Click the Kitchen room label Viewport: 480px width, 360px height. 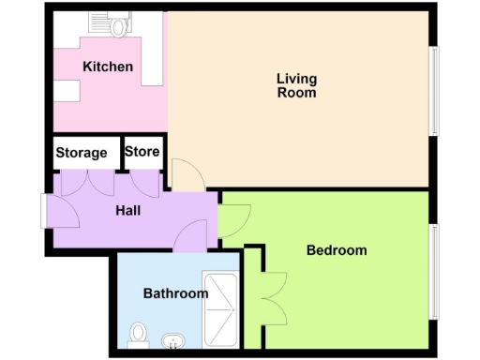click(x=108, y=67)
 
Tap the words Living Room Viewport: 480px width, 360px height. click(x=296, y=85)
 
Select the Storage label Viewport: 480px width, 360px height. click(x=82, y=153)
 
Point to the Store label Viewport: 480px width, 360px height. click(x=142, y=151)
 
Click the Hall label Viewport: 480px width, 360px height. click(x=128, y=211)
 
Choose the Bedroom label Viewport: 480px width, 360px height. click(x=337, y=250)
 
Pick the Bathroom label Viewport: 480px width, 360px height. click(x=175, y=293)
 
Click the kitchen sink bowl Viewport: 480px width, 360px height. click(x=119, y=27)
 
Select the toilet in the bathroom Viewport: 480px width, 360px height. click(x=138, y=334)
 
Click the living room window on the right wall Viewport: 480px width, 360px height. click(x=433, y=89)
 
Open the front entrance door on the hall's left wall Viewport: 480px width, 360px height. click(x=47, y=210)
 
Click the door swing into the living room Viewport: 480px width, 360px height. click(x=183, y=174)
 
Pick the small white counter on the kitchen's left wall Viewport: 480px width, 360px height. click(x=65, y=89)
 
